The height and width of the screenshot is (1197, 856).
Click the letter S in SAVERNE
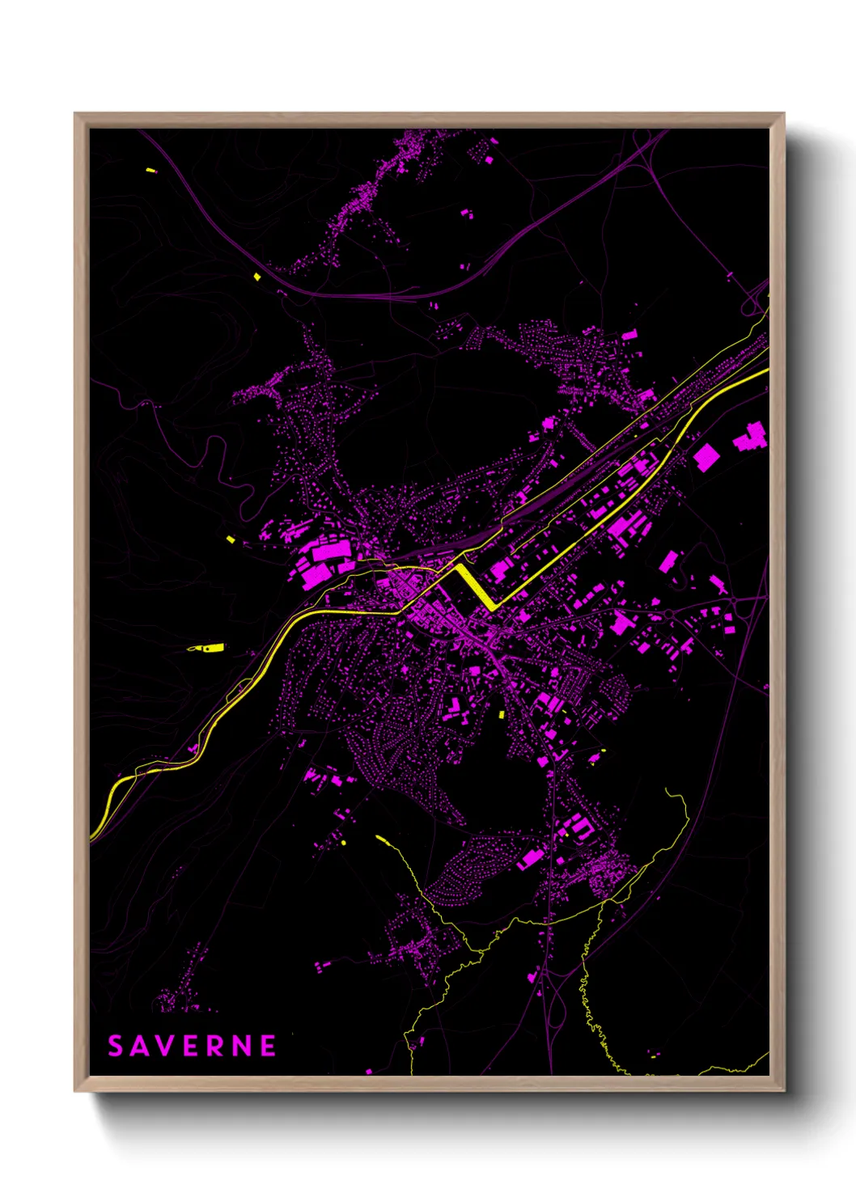(116, 1047)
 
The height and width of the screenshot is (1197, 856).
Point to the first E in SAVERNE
(189, 1047)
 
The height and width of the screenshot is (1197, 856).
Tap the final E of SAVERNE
(268, 1047)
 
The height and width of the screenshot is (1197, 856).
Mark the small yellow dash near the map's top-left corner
(150, 171)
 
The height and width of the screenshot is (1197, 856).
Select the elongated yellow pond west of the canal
(208, 648)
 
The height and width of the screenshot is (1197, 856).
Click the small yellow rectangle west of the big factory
(231, 539)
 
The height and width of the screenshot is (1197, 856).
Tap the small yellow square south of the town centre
(501, 715)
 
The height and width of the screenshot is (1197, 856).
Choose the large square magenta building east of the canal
(706, 457)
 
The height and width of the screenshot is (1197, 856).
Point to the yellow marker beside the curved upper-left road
(257, 277)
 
